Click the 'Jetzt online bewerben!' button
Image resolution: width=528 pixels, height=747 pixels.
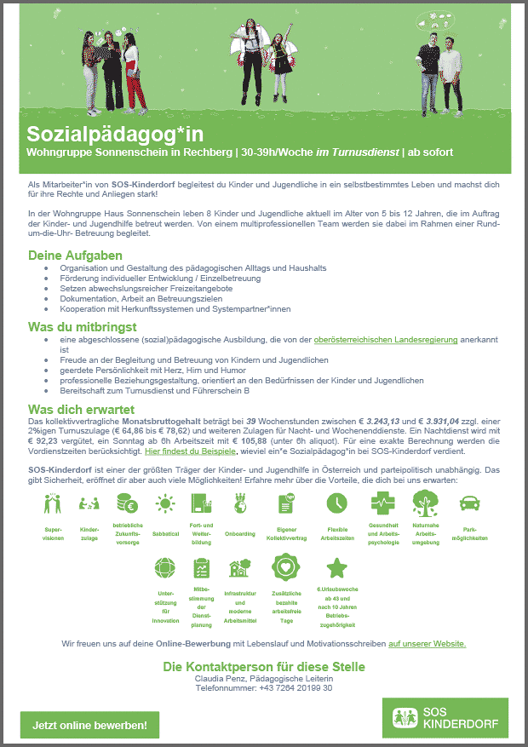tap(89, 725)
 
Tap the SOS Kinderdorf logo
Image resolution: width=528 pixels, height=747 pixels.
tap(445, 717)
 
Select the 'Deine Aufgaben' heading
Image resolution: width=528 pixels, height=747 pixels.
tap(75, 256)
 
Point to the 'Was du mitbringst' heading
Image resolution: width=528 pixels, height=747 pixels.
tap(83, 327)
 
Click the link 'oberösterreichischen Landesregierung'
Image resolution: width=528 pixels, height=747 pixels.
tap(386, 339)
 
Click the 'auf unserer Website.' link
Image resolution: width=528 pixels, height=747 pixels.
tap(427, 643)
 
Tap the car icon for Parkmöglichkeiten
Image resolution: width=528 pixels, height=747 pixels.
tap(469, 503)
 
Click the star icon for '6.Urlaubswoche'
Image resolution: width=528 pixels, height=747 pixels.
tap(337, 568)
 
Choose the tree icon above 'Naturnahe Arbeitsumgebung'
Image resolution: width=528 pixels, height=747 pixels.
tap(425, 503)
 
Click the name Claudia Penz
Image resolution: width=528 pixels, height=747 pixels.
tap(221, 678)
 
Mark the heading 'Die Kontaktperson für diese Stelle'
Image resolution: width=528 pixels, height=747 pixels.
tap(264, 666)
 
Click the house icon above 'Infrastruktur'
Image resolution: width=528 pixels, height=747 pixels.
tap(239, 568)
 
